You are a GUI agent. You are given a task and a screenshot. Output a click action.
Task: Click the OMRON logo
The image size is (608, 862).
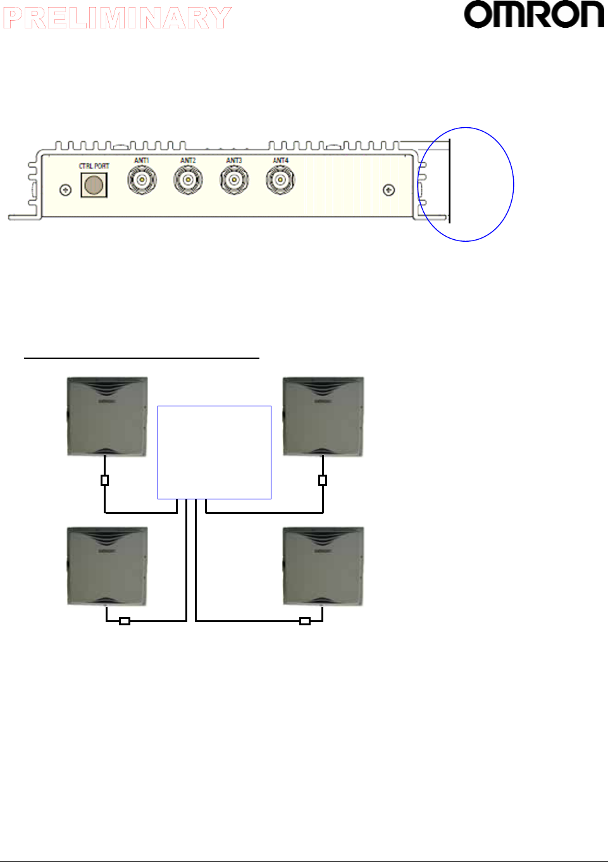coord(534,15)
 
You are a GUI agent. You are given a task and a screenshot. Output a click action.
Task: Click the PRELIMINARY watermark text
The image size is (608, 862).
coord(117,18)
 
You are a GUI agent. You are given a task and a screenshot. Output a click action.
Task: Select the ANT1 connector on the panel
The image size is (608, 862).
coord(142,180)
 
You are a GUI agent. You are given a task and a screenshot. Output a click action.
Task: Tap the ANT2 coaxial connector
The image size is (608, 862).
coord(188,180)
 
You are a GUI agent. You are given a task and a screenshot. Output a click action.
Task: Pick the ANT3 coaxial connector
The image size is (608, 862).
coord(234,180)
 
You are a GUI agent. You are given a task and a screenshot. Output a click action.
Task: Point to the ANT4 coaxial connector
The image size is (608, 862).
coord(280,180)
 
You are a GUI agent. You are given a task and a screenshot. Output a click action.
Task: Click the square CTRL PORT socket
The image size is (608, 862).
coord(94,185)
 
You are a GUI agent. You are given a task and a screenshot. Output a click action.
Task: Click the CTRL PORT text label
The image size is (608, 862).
coord(94,166)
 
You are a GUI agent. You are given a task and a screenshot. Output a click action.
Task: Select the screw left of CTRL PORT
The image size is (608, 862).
coord(65,190)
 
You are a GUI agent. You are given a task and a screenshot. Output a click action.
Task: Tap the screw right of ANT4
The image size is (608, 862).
coord(390,190)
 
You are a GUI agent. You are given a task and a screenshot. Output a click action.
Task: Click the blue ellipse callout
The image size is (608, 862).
coord(466,184)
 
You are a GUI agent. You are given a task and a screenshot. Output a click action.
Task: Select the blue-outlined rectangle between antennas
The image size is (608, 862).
coord(214,453)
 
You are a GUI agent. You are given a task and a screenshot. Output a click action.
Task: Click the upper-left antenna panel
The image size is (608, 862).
coord(108,416)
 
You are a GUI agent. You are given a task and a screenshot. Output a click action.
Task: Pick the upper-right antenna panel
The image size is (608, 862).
coord(323,416)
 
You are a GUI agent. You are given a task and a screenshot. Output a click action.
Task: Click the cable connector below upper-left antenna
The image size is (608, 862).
coord(105,480)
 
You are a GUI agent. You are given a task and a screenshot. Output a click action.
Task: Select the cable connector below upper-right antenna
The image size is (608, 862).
coord(323,480)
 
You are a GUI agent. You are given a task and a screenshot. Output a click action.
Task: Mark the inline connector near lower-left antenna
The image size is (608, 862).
coord(125,621)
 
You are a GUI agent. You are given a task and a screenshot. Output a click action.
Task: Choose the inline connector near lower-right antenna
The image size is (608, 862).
coord(305,621)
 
